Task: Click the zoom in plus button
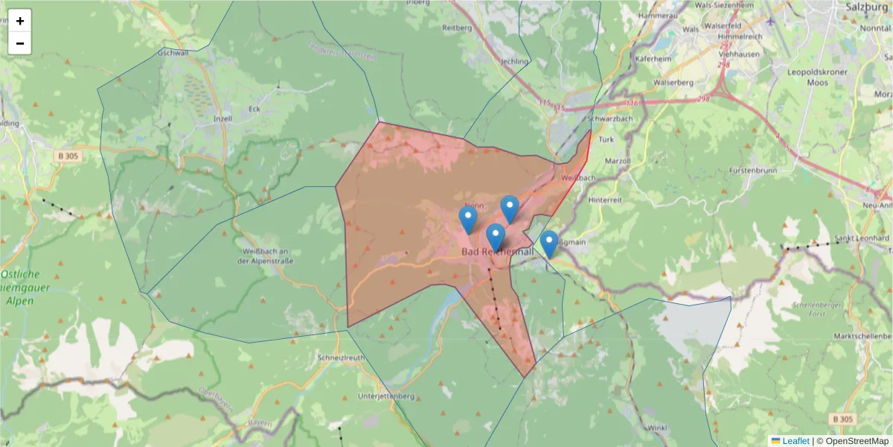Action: [x=20, y=21]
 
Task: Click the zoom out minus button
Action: [x=20, y=43]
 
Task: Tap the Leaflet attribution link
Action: [x=795, y=441]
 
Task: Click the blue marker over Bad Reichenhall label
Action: [x=495, y=237]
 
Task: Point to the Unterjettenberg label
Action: [x=385, y=395]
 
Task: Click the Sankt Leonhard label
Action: [x=862, y=238]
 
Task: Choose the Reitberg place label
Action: [x=458, y=28]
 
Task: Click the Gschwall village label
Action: [x=173, y=54]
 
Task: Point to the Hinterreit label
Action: [x=604, y=200]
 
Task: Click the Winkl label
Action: [x=657, y=428]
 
